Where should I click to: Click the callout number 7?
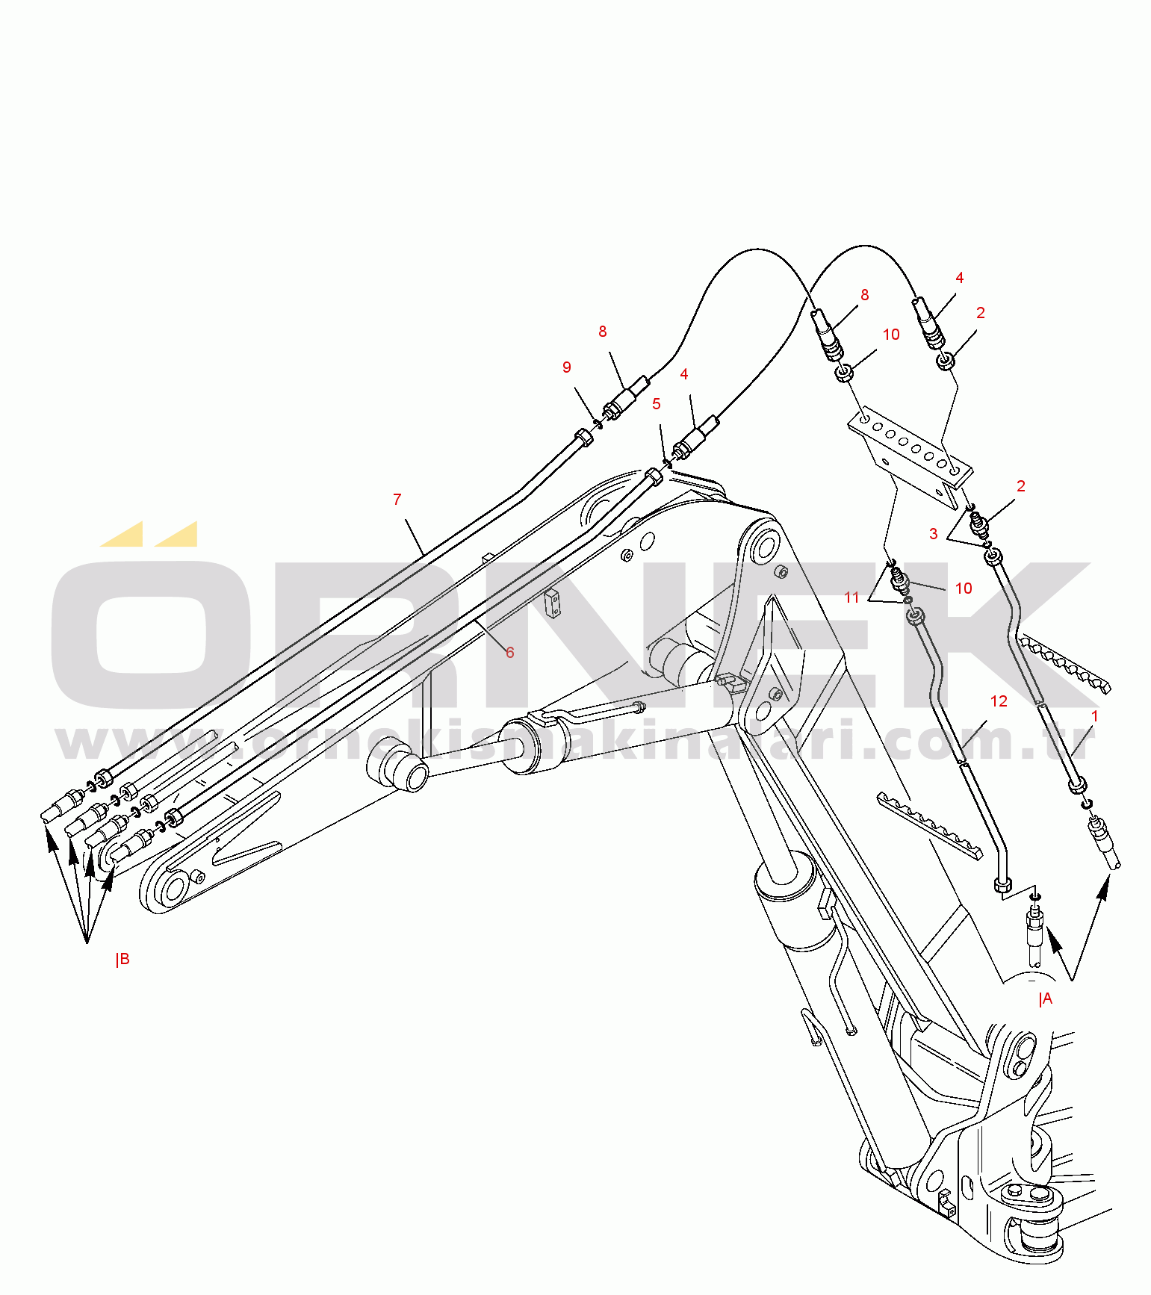coord(397,499)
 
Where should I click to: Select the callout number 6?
coord(510,652)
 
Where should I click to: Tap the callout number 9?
coord(567,367)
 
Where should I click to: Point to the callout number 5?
coord(657,404)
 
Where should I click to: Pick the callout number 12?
coord(999,701)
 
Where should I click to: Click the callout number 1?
coord(1095,716)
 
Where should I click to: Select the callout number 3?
coord(934,533)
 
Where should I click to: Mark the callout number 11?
coord(852,597)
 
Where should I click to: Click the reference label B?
coord(123,959)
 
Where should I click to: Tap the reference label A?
coord(1046,999)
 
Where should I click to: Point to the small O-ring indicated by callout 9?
coord(598,423)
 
